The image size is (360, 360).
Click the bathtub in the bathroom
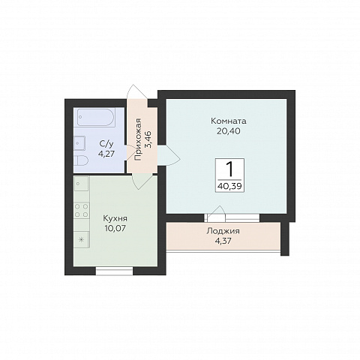pos(96,117)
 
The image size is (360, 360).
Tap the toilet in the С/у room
pos(81,160)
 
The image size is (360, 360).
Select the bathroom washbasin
pos(79,143)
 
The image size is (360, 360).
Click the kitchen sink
pos(82,184)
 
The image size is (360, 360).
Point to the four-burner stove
pos(82,210)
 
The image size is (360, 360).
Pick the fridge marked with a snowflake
pos(82,239)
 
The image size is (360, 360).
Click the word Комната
pos(229,121)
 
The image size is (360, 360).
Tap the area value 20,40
pos(229,131)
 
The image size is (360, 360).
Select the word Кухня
pos(115,219)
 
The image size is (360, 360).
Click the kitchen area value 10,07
pos(115,228)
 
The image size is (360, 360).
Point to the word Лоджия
pos(223,231)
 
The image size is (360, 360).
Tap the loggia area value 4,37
pos(223,241)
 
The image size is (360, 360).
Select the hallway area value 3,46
pos(150,139)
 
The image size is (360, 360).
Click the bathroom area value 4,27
pos(106,154)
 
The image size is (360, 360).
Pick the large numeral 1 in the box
pos(229,169)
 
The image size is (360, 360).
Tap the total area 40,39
pos(229,186)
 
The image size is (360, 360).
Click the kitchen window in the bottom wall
pos(115,271)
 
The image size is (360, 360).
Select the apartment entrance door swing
pos(136,92)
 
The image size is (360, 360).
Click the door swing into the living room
pos(169,155)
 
